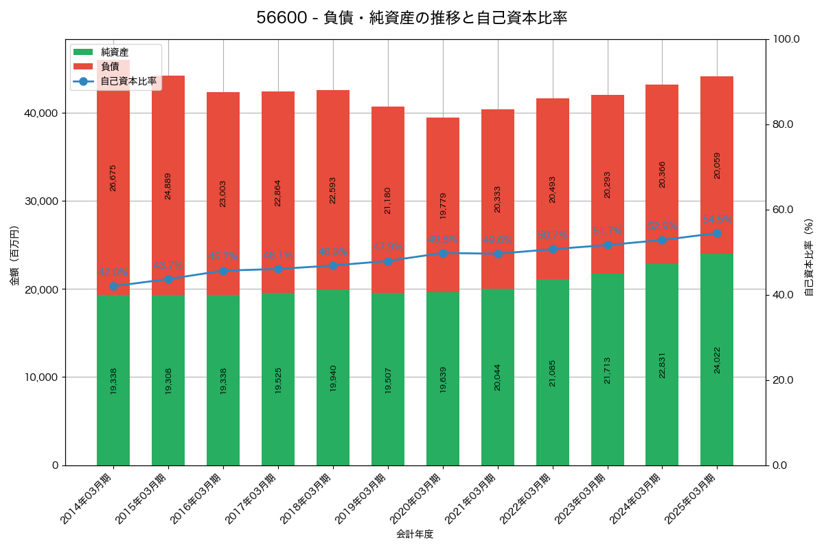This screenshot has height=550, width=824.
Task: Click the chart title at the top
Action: (x=412, y=18)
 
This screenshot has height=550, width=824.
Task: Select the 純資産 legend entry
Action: (x=114, y=52)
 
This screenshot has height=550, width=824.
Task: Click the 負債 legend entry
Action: (x=110, y=67)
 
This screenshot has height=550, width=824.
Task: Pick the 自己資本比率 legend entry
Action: (x=128, y=81)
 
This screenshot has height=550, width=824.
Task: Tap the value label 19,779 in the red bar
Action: (x=443, y=206)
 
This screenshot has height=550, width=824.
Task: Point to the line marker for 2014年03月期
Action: (x=113, y=286)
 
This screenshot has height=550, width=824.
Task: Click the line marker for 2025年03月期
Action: (x=717, y=233)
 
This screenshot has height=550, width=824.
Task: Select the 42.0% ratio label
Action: (x=113, y=272)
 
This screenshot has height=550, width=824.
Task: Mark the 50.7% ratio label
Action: (x=552, y=235)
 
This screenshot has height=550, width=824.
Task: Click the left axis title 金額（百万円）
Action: (x=14, y=256)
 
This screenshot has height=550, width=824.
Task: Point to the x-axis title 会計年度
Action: (x=415, y=534)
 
